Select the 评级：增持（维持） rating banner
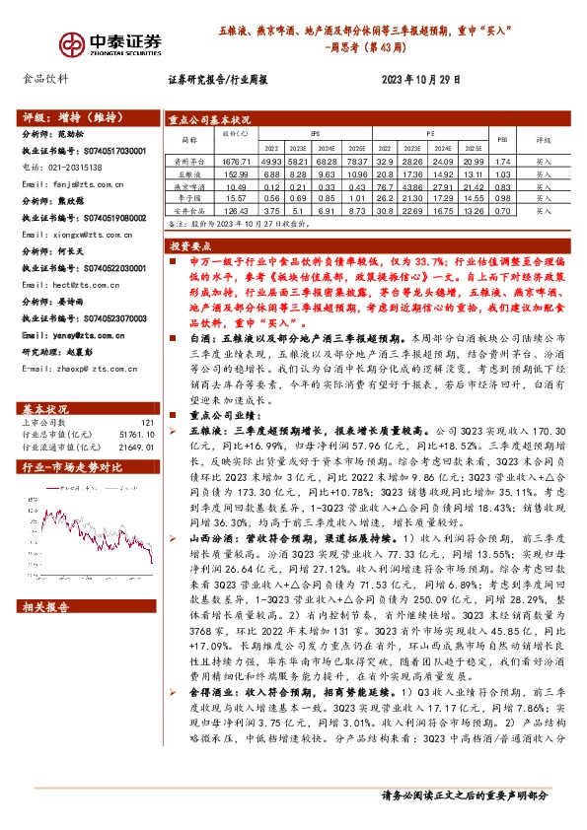[x=69, y=114]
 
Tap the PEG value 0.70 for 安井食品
[x=502, y=210]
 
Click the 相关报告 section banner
[x=45, y=609]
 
